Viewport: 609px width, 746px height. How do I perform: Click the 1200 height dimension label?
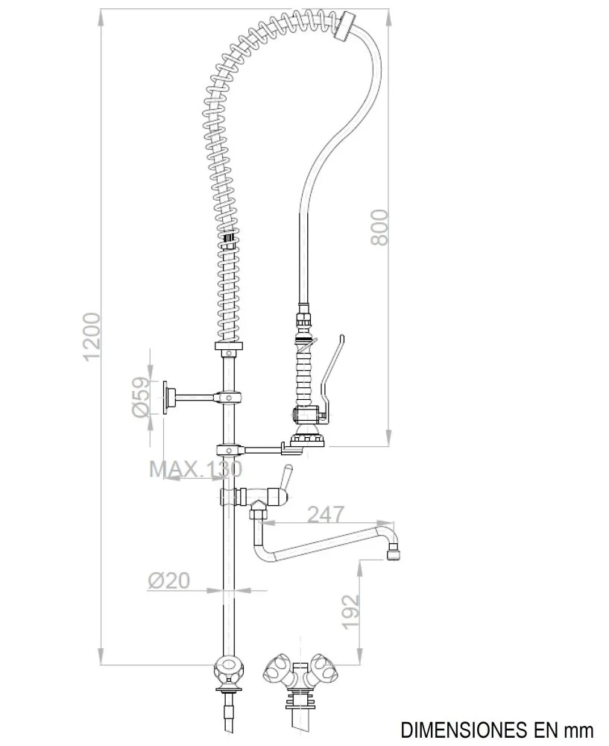(92, 336)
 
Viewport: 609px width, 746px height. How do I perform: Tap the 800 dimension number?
(379, 228)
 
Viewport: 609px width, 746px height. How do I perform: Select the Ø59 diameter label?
(140, 397)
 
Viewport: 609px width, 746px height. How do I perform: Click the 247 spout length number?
(326, 514)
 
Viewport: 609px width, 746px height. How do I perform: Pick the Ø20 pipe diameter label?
(168, 580)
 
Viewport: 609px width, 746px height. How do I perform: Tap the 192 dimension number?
(351, 612)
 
